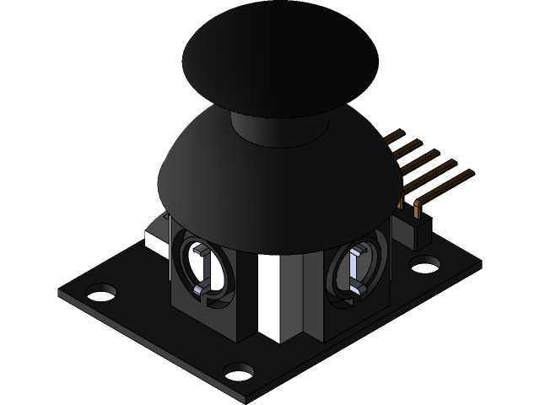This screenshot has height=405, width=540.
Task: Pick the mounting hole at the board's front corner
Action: click(x=240, y=371)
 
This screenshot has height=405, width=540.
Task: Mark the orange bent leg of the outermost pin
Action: click(x=418, y=208)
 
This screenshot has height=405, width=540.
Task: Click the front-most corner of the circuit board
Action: click(x=245, y=397)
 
